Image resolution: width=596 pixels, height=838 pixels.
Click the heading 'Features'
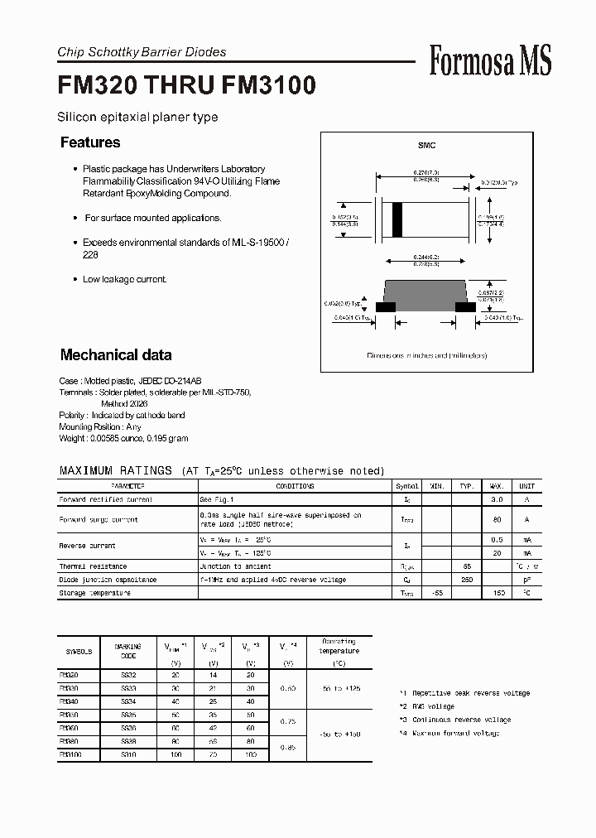(x=90, y=142)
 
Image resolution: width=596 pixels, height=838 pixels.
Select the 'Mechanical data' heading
(x=116, y=355)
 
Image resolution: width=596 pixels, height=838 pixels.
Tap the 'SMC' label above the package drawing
(x=426, y=146)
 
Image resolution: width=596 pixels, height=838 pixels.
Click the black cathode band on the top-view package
(x=397, y=219)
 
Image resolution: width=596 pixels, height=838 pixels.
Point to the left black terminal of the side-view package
(x=385, y=306)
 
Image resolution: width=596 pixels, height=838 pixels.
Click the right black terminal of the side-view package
(x=466, y=306)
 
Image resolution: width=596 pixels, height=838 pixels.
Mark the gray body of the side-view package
(x=426, y=291)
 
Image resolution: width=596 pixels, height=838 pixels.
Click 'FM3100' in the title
(x=269, y=86)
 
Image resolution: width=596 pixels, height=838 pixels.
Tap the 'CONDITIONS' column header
(x=295, y=486)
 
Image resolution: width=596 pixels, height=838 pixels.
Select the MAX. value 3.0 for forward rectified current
(x=497, y=500)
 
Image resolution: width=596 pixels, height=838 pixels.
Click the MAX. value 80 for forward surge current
(x=497, y=520)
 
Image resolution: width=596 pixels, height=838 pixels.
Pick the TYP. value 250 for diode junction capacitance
(x=467, y=580)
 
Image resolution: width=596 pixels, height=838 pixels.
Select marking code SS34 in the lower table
(x=127, y=701)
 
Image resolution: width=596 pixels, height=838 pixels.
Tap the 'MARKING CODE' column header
(x=127, y=652)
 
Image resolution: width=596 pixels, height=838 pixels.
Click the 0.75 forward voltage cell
(x=289, y=720)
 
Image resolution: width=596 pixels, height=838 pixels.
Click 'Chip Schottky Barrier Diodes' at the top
(x=142, y=52)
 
